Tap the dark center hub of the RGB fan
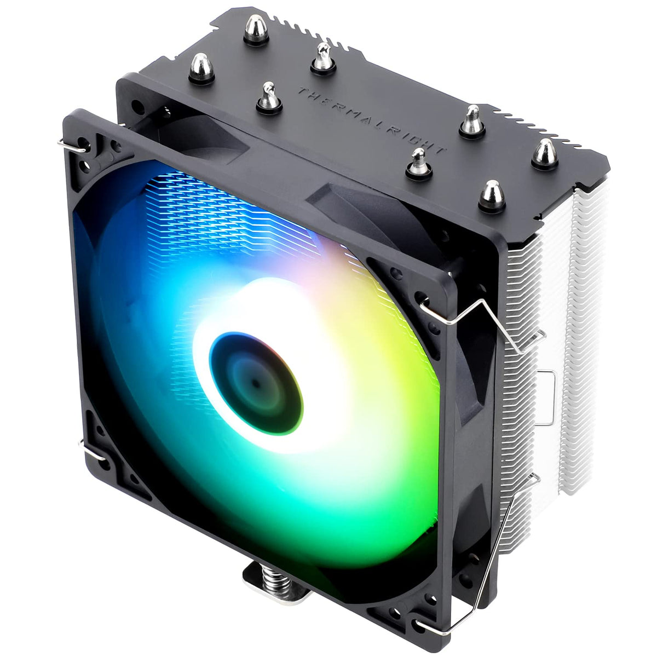click(256, 383)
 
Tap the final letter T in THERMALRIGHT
click(441, 149)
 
